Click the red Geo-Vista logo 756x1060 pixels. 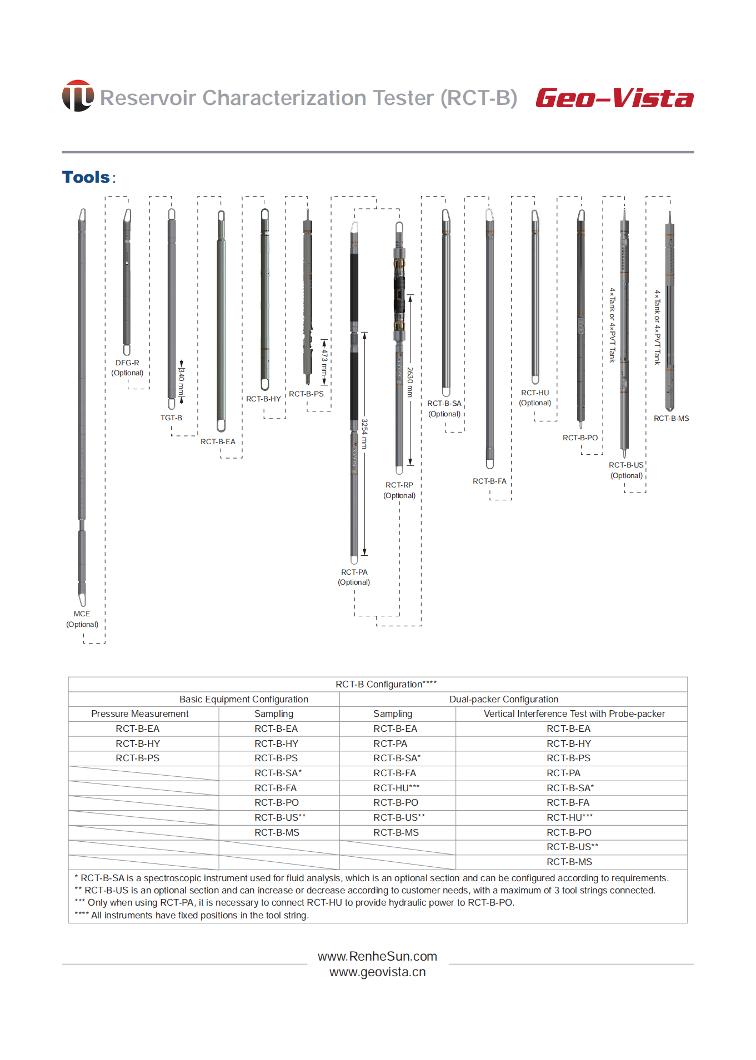tap(614, 98)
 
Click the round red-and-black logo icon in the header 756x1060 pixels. tap(78, 96)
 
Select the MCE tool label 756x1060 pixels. tap(82, 614)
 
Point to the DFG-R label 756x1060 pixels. tap(127, 363)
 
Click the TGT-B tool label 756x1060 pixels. tap(171, 418)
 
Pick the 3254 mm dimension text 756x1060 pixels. tap(364, 434)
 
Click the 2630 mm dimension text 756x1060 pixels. tap(410, 381)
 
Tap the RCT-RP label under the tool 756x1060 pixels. tap(399, 485)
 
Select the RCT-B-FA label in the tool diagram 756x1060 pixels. tap(489, 481)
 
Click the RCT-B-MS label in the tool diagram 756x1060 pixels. tap(671, 418)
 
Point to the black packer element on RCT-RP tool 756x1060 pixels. tap(399, 297)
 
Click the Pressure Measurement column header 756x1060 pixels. tap(140, 714)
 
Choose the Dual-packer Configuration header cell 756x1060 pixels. tap(503, 699)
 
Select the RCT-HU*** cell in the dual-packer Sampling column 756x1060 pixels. tap(397, 788)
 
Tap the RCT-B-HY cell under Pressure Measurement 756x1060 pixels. tap(138, 743)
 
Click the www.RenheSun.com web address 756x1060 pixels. tap(377, 956)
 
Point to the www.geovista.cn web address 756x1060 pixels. tap(377, 972)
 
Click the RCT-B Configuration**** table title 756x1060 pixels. tap(386, 684)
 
